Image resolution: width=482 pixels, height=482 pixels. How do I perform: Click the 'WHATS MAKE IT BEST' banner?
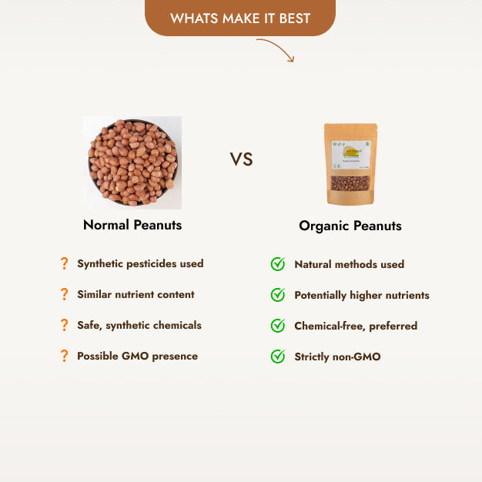coord(240,18)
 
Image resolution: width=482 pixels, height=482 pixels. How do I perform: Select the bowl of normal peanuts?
coord(132,162)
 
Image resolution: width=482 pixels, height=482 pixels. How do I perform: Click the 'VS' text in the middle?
coord(241,159)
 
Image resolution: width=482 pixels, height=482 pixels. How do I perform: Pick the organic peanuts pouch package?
coord(350,164)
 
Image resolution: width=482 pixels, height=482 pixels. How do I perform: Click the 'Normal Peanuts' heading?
coord(132,226)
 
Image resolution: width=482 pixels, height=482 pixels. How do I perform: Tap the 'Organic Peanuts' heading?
coord(350,226)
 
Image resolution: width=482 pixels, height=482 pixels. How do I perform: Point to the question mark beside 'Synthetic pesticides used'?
coord(64,263)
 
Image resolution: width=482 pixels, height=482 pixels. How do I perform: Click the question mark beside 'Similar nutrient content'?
coord(64,294)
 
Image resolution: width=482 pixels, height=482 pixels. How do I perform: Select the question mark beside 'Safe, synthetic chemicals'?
coord(64,325)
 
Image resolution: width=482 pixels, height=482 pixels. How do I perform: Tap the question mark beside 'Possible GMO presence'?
coord(64,356)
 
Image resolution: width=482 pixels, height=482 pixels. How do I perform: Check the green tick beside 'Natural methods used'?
coord(278,264)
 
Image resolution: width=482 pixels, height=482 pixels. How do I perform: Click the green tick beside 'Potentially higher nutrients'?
coord(278,295)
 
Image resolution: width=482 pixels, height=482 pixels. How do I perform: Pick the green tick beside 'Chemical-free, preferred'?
coord(278,326)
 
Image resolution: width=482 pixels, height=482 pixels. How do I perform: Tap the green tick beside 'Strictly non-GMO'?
coord(278,356)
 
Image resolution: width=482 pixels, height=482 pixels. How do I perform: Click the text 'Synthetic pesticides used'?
coord(140,263)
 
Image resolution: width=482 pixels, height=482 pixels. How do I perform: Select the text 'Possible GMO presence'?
coord(137,356)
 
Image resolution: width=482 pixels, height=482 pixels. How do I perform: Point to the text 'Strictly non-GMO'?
coord(337,356)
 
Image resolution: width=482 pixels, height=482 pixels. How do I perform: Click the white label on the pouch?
coord(350,155)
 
